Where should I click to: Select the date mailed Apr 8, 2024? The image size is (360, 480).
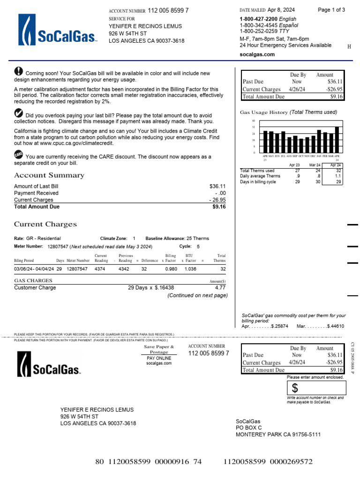(281, 10)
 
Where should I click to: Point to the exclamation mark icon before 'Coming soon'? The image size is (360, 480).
(18, 71)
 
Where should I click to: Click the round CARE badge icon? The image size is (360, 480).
(18, 154)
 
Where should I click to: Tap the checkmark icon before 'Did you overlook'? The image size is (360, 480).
(18, 112)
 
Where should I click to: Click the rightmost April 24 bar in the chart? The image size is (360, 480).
(337, 139)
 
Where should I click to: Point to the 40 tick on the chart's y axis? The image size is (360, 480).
(254, 121)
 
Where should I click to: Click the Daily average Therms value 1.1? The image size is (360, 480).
(337, 176)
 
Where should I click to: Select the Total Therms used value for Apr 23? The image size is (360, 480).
(297, 171)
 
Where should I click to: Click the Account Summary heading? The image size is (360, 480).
(49, 175)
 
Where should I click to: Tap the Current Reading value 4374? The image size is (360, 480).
(100, 269)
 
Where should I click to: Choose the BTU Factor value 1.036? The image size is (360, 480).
(190, 269)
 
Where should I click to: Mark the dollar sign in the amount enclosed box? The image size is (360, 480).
(295, 388)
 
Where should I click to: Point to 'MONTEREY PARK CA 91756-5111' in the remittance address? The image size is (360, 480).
(278, 435)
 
